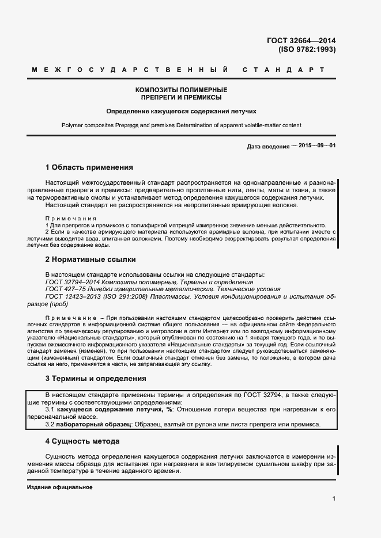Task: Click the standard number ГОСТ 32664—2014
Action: coord(301,40)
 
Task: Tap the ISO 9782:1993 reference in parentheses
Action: coord(307,49)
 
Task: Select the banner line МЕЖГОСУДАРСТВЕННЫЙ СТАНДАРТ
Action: coord(179,70)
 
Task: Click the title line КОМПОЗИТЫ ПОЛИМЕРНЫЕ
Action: coord(181,90)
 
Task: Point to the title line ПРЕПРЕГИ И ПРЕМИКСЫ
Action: coord(181,98)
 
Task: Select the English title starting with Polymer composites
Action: coord(181,125)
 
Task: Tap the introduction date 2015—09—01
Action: coord(314,146)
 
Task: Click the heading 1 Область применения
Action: coord(89,167)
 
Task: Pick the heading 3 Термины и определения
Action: coord(96,379)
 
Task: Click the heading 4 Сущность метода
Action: coord(82,441)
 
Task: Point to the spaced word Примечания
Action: coord(70,218)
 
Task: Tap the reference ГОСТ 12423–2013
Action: coord(74,297)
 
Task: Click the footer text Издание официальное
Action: coord(60,487)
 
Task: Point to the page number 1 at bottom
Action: coord(334,499)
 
